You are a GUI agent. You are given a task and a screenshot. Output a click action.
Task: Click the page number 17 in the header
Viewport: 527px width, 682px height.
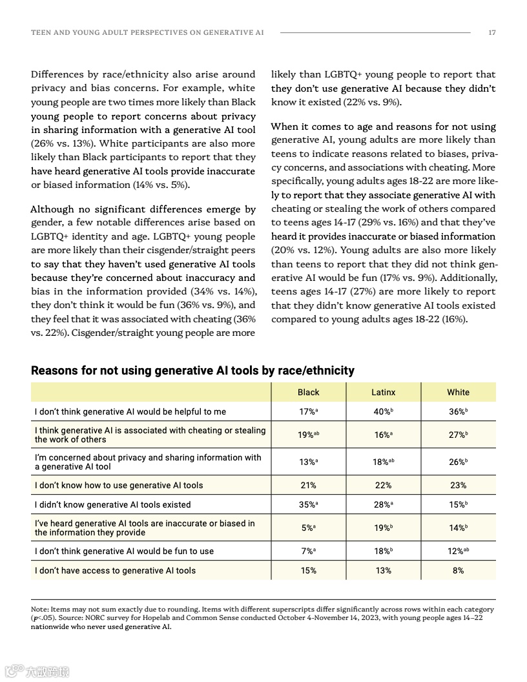click(x=492, y=32)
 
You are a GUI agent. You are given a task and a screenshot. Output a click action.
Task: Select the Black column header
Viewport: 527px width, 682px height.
click(x=308, y=392)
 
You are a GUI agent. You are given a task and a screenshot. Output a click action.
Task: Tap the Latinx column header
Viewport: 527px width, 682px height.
click(x=383, y=392)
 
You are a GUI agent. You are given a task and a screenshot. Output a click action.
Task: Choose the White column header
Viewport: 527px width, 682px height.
click(x=458, y=392)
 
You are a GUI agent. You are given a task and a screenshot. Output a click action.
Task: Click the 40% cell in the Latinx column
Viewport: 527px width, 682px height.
click(x=383, y=412)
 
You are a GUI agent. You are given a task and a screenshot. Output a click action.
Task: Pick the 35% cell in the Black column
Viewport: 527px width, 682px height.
click(x=308, y=505)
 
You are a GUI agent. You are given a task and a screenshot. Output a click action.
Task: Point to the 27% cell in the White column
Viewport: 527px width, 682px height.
click(x=458, y=435)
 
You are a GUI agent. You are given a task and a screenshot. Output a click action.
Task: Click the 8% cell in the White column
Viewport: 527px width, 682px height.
click(x=458, y=570)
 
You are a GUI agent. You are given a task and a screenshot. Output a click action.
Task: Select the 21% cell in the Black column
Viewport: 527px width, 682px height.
click(x=308, y=486)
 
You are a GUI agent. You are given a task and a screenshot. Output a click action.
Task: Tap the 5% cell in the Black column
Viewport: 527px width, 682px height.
click(x=308, y=528)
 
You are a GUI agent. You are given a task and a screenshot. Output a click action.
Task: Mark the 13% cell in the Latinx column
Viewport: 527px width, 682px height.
click(x=383, y=570)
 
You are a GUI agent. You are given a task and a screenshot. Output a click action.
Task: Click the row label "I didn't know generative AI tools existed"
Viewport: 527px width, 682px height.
click(x=113, y=505)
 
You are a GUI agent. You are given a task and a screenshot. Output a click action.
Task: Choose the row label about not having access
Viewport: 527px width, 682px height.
click(x=115, y=570)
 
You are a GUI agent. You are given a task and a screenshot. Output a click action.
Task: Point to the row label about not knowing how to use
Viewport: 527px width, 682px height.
click(x=119, y=486)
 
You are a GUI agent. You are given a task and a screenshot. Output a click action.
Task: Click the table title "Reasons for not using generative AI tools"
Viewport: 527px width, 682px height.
click(x=192, y=371)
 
